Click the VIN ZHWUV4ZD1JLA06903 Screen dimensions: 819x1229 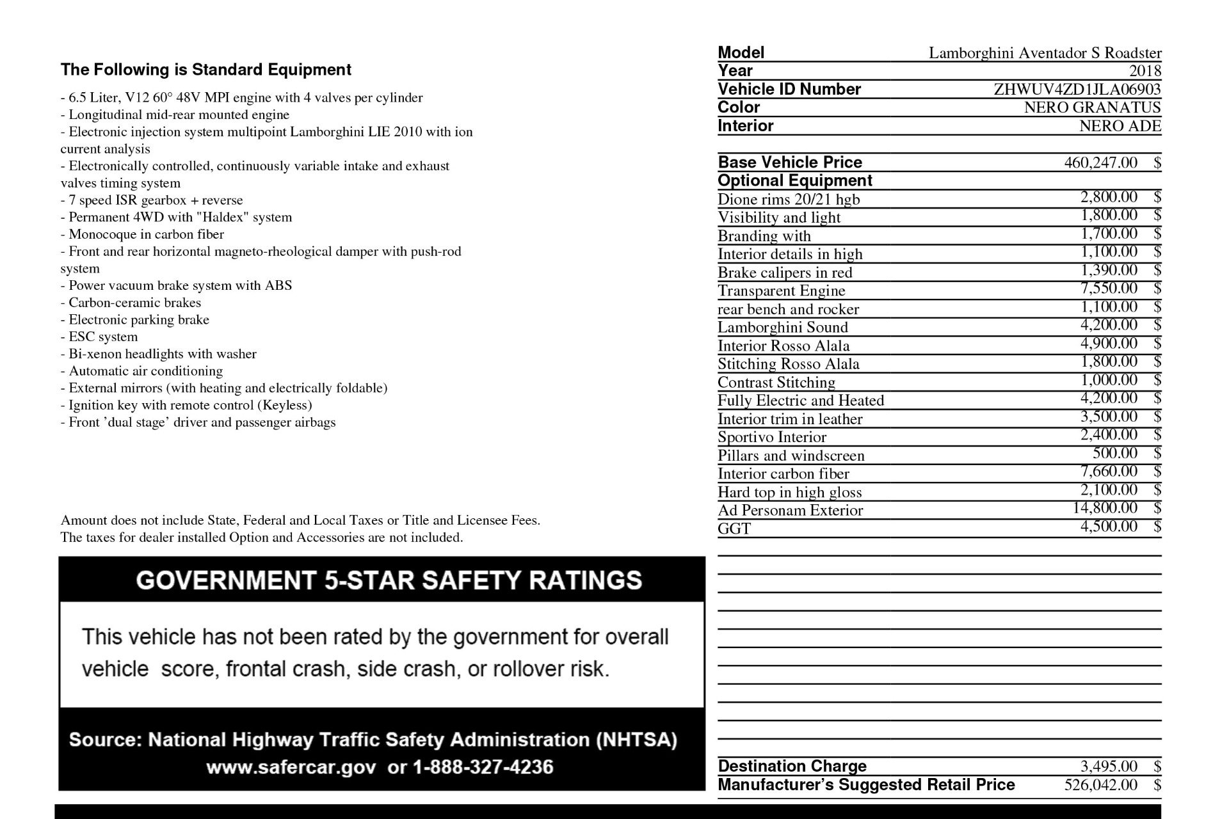(x=1077, y=89)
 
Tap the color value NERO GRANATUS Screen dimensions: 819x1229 (x=1092, y=107)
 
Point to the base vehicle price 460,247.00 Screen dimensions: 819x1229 (x=1100, y=163)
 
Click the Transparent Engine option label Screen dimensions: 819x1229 (x=781, y=291)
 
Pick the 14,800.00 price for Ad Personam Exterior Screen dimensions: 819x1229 (x=1105, y=508)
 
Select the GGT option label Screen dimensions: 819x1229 (x=734, y=529)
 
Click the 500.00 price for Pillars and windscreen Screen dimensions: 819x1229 (x=1115, y=453)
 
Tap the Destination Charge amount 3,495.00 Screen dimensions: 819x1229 (x=1109, y=766)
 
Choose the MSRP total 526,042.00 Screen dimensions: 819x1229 (x=1100, y=784)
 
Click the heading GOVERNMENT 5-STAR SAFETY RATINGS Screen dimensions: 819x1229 (x=389, y=580)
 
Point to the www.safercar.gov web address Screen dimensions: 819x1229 (x=291, y=767)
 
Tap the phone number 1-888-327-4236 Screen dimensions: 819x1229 (x=483, y=767)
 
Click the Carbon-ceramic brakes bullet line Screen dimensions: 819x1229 (x=131, y=303)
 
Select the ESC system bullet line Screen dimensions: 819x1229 (x=99, y=337)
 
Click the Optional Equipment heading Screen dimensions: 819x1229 (x=795, y=180)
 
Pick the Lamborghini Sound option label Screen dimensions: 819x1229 (x=782, y=328)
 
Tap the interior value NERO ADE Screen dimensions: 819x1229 (x=1120, y=126)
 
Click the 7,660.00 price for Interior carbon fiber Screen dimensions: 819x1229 (x=1109, y=472)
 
